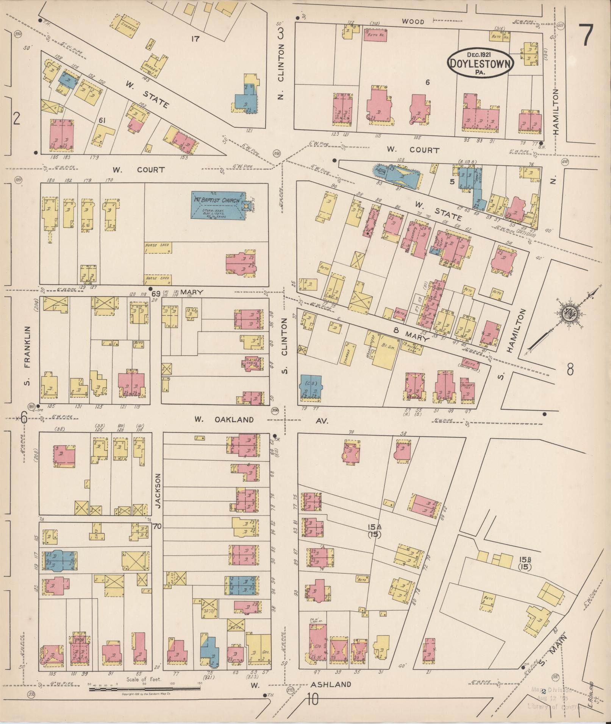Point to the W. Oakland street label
[x=223, y=419]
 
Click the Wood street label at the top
[x=413, y=22]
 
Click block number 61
[x=102, y=120]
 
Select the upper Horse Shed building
[x=158, y=248]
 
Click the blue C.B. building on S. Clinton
[x=311, y=388]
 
